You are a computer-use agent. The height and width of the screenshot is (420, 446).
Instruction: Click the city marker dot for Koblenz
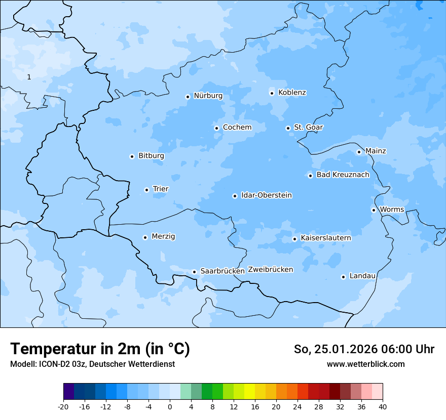pyautogui.click(x=272, y=93)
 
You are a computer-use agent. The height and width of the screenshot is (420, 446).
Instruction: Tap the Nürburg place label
pyautogui.click(x=208, y=96)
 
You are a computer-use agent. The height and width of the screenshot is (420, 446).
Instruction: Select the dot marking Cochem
pyautogui.click(x=216, y=128)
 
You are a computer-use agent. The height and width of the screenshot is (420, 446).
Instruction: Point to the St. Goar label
pyautogui.click(x=308, y=127)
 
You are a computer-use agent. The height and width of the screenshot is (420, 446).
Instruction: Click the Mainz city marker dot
pyautogui.click(x=359, y=152)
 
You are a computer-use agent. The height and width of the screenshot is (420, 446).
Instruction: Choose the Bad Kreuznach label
pyautogui.click(x=343, y=175)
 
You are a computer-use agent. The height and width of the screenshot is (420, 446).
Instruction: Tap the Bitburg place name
pyautogui.click(x=151, y=156)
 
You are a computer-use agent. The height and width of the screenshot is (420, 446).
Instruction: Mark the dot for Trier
pyautogui.click(x=146, y=190)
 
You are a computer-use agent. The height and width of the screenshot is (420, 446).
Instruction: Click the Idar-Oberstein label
pyautogui.click(x=266, y=195)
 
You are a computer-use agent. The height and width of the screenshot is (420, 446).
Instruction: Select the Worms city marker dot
pyautogui.click(x=374, y=210)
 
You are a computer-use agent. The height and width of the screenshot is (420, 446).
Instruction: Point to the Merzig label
pyautogui.click(x=163, y=236)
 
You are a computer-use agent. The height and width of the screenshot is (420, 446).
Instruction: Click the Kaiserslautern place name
pyautogui.click(x=325, y=238)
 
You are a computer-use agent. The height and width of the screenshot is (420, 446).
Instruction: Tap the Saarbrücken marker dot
pyautogui.click(x=194, y=272)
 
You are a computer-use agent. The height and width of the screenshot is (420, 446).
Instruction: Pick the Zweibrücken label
pyautogui.click(x=270, y=270)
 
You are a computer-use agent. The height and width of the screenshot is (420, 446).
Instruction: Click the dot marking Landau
pyautogui.click(x=343, y=277)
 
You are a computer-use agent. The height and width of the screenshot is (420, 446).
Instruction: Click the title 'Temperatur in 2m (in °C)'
pyautogui.click(x=100, y=349)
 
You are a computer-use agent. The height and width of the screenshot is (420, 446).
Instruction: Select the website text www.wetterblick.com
pyautogui.click(x=365, y=364)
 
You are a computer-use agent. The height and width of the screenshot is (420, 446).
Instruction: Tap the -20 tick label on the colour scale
pyautogui.click(x=63, y=406)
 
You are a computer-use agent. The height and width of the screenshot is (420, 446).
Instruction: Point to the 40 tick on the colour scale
pyautogui.click(x=382, y=406)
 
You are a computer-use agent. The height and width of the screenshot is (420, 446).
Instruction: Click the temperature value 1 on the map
pyautogui.click(x=29, y=77)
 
